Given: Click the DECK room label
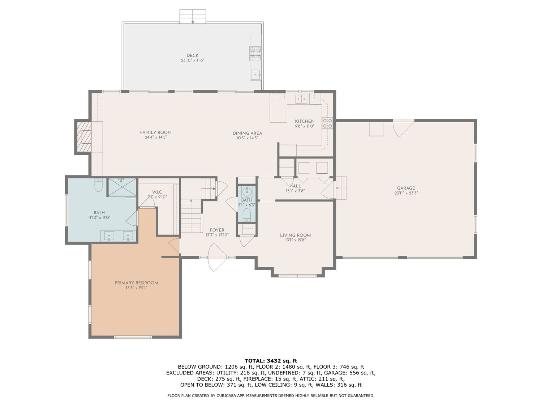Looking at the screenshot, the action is (192, 56).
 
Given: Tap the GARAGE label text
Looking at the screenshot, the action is (406, 188).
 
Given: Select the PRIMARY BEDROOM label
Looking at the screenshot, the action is (136, 283).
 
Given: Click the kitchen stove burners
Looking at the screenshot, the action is (327, 123).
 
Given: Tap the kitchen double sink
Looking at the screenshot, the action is (301, 99).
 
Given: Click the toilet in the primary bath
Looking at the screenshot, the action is (99, 185).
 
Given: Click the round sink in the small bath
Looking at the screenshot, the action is (247, 191).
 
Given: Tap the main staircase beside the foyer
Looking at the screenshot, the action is (192, 216).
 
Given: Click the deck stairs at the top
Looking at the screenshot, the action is (193, 16).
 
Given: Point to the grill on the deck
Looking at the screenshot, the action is (255, 54).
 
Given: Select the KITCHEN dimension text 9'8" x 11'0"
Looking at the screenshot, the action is (305, 126).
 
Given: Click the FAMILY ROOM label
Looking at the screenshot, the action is (156, 132).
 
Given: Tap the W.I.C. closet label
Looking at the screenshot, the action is (157, 192).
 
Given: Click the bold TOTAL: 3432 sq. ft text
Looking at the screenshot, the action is (271, 361).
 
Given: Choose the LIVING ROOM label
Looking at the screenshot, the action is (295, 235).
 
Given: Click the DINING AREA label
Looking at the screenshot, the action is (247, 133).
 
